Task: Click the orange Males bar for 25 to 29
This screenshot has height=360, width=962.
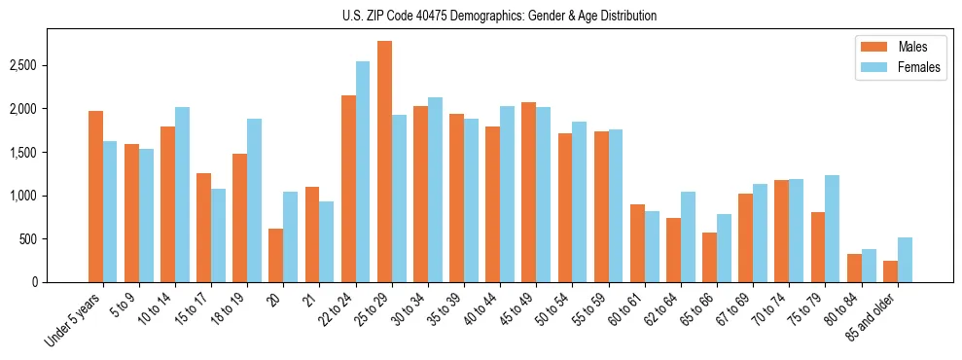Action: click(384, 162)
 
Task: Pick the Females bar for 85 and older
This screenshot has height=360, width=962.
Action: click(905, 260)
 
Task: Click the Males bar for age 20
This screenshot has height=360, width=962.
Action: click(276, 255)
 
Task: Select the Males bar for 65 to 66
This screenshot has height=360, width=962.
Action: click(709, 257)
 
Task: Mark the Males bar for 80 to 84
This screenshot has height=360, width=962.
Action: click(854, 268)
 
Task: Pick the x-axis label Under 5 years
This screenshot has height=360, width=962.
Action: click(73, 320)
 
